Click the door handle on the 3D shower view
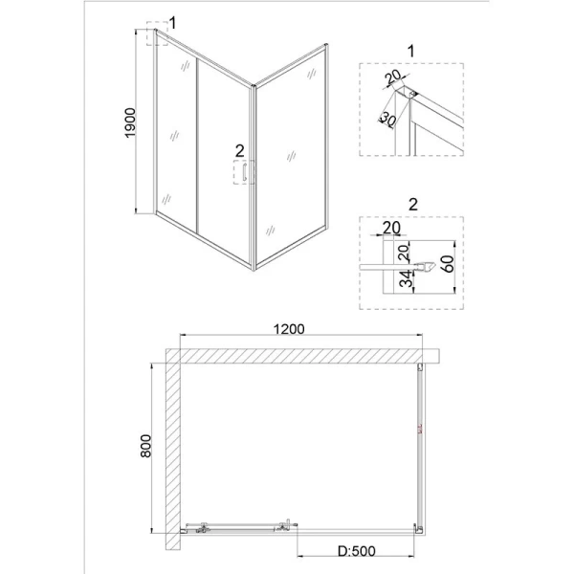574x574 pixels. click(246, 173)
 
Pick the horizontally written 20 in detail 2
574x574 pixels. click(390, 228)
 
